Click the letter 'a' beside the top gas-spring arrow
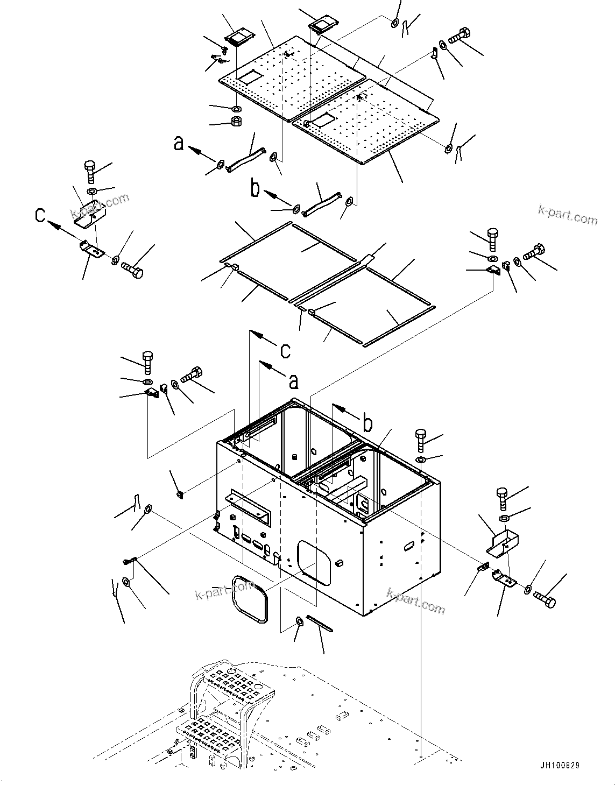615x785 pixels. point(179,144)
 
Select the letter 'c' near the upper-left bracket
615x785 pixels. point(40,215)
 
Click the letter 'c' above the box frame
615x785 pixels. point(285,351)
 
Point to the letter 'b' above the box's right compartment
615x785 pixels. point(367,424)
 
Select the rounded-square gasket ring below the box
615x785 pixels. point(249,598)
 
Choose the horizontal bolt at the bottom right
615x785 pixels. point(545,600)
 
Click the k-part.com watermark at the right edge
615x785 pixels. point(568,216)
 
